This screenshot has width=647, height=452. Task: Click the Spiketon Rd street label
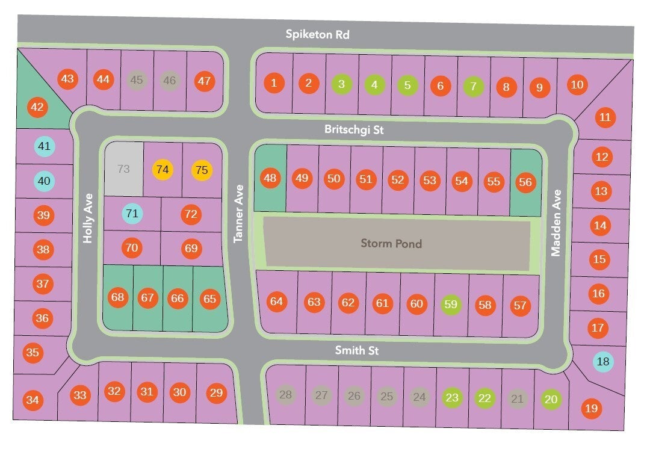click(x=317, y=34)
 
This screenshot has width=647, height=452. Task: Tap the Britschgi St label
click(x=354, y=129)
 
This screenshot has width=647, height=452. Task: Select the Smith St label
click(x=357, y=350)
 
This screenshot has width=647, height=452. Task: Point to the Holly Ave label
click(x=88, y=218)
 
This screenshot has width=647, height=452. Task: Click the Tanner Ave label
click(x=238, y=214)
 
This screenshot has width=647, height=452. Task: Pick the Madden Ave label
click(x=556, y=223)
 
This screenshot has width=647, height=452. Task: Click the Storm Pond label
click(x=391, y=243)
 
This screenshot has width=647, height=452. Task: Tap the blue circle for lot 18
click(x=603, y=362)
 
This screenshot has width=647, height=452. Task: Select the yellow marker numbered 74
click(x=163, y=169)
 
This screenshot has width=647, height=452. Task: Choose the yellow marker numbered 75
click(x=202, y=170)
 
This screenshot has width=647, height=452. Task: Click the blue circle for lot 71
click(x=132, y=214)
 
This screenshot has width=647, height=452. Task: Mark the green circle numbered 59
click(x=451, y=305)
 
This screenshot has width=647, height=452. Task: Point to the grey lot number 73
click(x=123, y=169)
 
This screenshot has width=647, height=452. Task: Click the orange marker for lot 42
click(x=37, y=107)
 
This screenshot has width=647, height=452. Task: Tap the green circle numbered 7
click(x=473, y=86)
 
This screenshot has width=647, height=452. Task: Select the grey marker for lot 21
click(x=517, y=399)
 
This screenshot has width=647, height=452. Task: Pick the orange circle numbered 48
click(x=270, y=178)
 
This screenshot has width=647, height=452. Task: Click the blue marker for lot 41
click(x=44, y=146)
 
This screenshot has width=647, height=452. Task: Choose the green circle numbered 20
click(x=551, y=399)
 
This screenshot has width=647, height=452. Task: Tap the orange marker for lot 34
click(x=33, y=400)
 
